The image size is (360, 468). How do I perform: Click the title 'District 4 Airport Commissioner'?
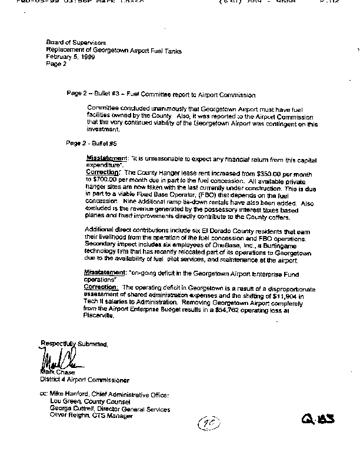(x=85, y=380)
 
